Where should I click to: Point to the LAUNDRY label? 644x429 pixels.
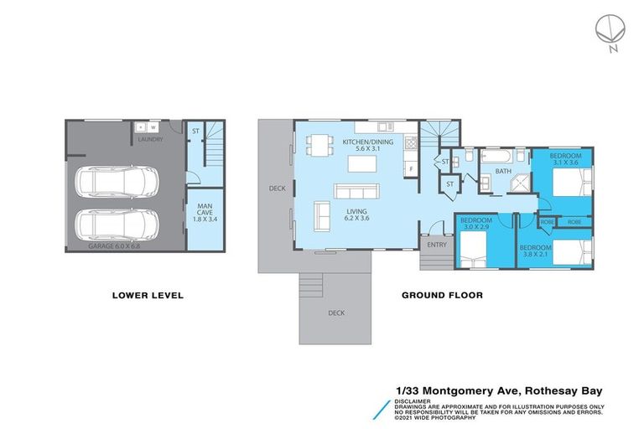point(150,140)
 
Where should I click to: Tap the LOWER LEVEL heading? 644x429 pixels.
point(148,295)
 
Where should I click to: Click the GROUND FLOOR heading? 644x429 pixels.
point(442,295)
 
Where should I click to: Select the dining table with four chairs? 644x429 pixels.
point(319,145)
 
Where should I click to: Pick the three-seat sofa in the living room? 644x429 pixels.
point(322,217)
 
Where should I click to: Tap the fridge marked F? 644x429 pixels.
point(411,168)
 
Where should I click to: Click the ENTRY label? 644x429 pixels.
point(437,245)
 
